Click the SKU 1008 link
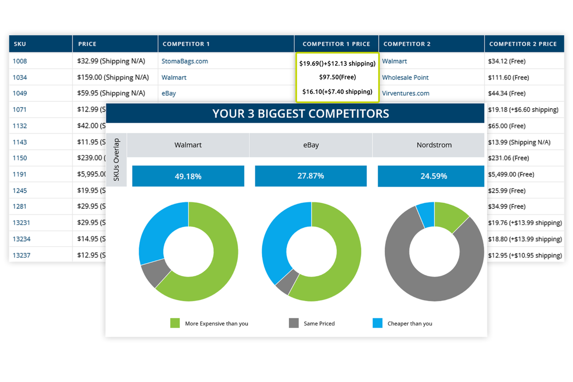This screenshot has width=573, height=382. tap(20, 61)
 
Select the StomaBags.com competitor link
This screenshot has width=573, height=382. tap(185, 61)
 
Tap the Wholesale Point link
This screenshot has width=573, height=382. tap(405, 77)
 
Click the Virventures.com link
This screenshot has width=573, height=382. tap(405, 93)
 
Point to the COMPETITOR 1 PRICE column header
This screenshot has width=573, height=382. tap(336, 44)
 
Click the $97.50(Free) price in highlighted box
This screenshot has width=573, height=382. tap(337, 77)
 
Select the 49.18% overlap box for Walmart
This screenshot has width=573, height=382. tap(188, 176)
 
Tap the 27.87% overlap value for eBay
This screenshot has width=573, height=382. tap(311, 176)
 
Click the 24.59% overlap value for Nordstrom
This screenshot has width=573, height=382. tap(434, 176)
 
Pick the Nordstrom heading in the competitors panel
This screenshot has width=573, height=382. tap(434, 145)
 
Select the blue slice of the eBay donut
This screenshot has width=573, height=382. tap(276, 240)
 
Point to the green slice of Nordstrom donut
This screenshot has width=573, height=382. tap(450, 216)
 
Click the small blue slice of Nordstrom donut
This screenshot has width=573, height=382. tap(425, 214)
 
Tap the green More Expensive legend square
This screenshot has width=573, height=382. tap(175, 323)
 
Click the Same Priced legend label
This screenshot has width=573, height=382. tap(319, 324)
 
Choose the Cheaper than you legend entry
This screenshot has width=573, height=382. tap(409, 324)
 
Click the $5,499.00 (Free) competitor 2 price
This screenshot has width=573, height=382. tap(511, 175)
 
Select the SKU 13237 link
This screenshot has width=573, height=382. tap(21, 255)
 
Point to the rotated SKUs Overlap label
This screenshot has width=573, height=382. tap(116, 160)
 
